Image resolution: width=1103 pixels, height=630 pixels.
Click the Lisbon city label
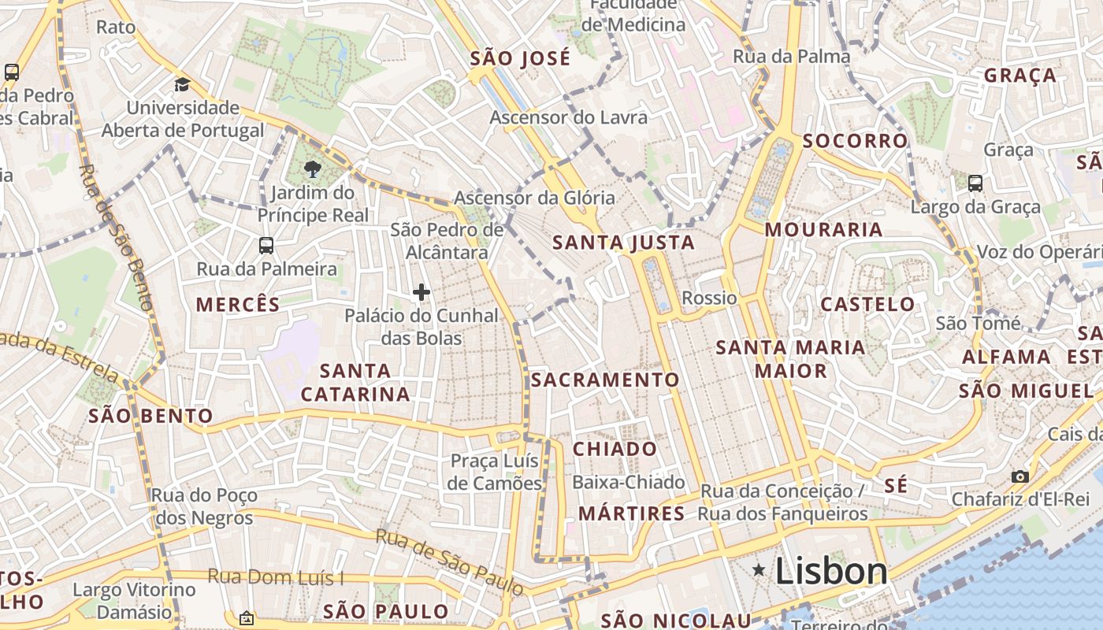click(x=831, y=571)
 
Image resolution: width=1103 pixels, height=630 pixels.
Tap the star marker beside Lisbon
click(x=759, y=569)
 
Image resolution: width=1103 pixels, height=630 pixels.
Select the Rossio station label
click(x=709, y=298)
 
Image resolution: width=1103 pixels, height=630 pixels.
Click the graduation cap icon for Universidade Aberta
click(x=183, y=84)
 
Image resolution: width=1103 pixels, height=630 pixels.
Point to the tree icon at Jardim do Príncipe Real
click(x=313, y=169)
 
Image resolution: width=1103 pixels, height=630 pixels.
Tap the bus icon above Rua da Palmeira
click(x=266, y=245)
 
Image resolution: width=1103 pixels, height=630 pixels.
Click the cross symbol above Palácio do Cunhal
click(x=422, y=292)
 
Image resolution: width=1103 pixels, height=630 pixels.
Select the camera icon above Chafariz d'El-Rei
click(x=1019, y=476)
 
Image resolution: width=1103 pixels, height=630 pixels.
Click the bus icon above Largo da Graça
click(x=975, y=183)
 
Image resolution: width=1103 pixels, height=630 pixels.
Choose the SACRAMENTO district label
click(x=605, y=380)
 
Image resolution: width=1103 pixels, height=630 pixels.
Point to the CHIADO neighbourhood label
click(x=615, y=449)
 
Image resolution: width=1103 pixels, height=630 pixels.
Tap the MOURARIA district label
click(x=823, y=229)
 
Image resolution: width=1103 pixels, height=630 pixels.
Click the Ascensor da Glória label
click(x=534, y=198)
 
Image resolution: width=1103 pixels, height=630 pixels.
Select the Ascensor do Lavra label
click(x=568, y=117)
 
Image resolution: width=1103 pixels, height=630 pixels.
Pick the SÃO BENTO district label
click(x=150, y=416)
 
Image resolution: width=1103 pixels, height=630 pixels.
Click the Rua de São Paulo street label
click(x=449, y=561)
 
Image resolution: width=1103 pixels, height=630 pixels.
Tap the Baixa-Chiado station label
click(x=629, y=482)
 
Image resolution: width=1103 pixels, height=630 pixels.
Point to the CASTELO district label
click(x=867, y=304)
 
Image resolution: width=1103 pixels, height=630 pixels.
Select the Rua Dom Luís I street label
click(x=276, y=576)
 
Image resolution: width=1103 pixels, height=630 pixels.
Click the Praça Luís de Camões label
click(x=495, y=471)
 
